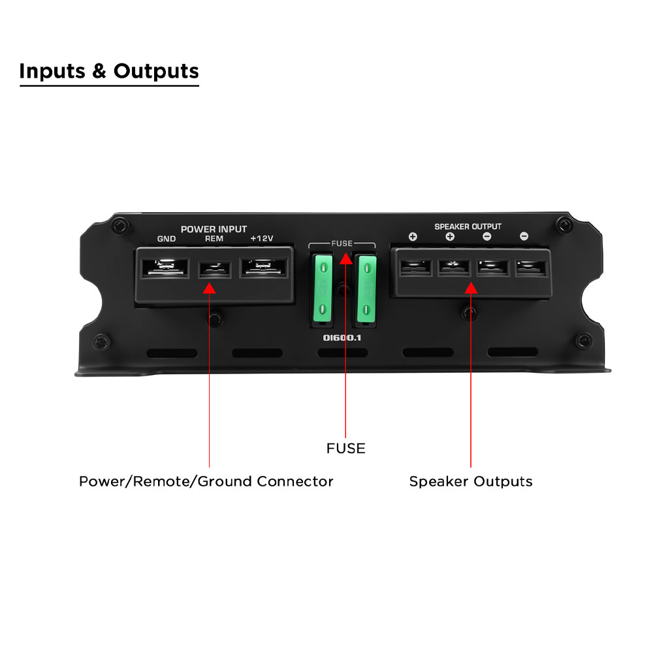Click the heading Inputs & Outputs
[109, 71]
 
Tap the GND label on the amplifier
[166, 238]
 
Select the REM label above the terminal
[214, 238]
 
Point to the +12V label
[262, 238]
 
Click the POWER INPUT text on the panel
[214, 229]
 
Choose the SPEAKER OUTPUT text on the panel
[468, 227]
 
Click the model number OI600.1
[342, 338]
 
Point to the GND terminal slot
[165, 267]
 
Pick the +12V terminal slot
[263, 267]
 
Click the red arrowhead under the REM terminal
[209, 288]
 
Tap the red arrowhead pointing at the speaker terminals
[471, 288]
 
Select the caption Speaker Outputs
[471, 481]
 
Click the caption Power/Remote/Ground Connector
[206, 481]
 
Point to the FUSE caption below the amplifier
[345, 449]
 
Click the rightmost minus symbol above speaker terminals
[524, 236]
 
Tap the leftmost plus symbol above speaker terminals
[413, 236]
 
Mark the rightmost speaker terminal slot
[531, 268]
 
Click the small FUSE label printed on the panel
[342, 243]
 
